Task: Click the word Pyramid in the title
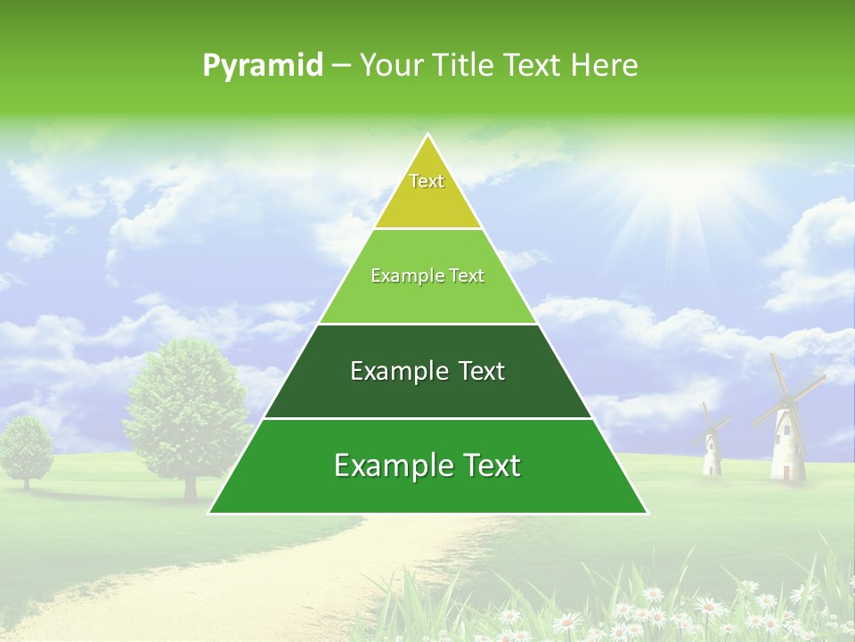[x=262, y=66]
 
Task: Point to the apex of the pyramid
[x=428, y=136]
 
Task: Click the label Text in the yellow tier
[x=427, y=181]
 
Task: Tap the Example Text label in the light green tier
[x=427, y=276]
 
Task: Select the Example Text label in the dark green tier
[x=427, y=371]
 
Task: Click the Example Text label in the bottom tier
[x=427, y=465]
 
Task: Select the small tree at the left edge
[x=26, y=446]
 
